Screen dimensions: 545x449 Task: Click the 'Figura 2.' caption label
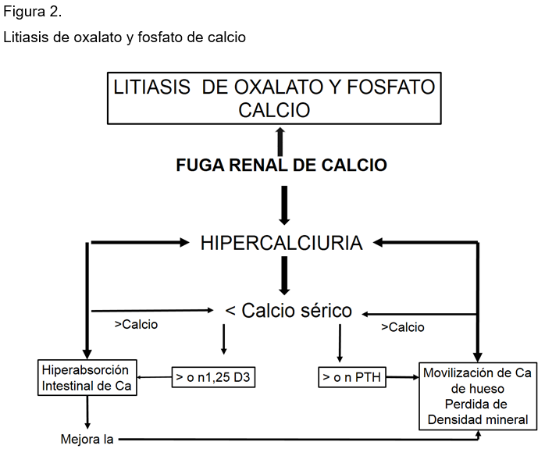(x=32, y=12)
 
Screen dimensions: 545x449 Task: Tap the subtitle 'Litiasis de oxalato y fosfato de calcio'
(x=124, y=37)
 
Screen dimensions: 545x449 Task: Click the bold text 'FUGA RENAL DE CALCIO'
(x=282, y=165)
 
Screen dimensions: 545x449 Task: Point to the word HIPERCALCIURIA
(x=282, y=243)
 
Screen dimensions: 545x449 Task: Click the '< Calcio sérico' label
(x=288, y=310)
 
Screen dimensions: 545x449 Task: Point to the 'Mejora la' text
(x=87, y=440)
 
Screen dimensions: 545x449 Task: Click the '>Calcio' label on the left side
(x=136, y=325)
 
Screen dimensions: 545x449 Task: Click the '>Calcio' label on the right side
(x=403, y=327)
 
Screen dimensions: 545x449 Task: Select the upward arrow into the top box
(x=280, y=142)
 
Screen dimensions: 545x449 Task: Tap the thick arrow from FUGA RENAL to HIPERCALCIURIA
(x=284, y=205)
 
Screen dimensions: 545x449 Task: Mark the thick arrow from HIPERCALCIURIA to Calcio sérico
(x=284, y=276)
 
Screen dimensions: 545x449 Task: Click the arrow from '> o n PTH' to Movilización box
(x=402, y=377)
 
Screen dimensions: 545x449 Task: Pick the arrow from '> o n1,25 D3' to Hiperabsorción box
(x=155, y=377)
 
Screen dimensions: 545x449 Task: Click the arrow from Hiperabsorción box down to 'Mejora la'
(x=87, y=412)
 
